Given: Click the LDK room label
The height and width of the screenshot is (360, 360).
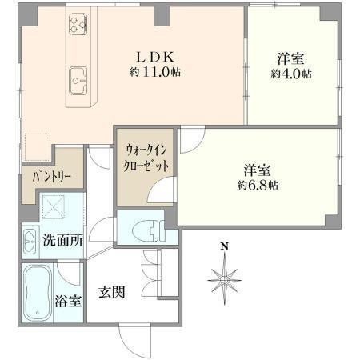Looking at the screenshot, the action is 155,57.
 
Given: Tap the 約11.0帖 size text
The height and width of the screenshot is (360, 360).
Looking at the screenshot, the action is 155,72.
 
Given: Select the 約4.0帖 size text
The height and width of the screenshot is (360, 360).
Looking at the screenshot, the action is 291,74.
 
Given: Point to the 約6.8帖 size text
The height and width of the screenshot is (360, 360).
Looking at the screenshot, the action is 258,185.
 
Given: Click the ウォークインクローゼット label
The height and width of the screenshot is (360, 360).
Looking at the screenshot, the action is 146,158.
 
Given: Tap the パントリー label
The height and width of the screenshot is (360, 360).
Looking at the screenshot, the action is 51,177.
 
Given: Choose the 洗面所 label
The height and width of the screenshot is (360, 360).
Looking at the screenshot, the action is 62,240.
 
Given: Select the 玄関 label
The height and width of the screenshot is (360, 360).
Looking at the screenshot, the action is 112,292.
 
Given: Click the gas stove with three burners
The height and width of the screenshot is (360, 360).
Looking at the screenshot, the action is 78,25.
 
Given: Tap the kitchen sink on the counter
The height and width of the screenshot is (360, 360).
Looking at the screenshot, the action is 78,81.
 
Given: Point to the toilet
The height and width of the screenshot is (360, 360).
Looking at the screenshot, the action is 149,228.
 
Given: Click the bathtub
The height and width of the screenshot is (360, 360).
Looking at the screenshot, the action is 37,294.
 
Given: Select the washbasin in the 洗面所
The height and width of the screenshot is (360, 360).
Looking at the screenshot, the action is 30,242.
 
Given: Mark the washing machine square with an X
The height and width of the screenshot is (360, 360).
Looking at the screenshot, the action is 53,207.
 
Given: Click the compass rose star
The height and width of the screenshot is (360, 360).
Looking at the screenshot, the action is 225,279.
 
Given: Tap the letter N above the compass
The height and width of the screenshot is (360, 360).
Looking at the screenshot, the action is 225,246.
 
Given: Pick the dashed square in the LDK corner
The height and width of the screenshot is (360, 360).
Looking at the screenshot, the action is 38,147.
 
